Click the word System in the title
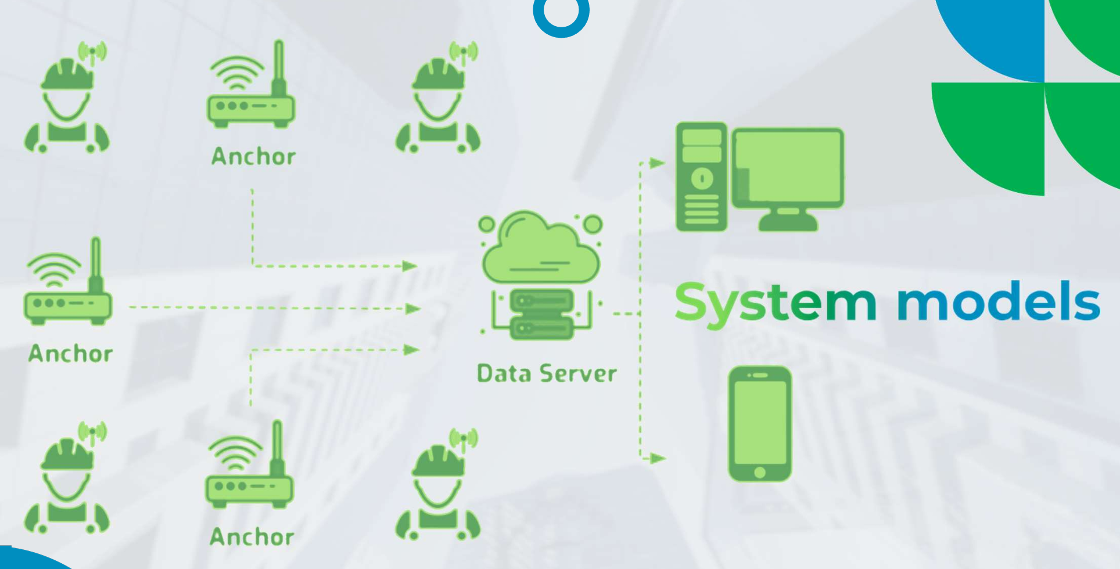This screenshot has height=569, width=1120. pyautogui.click(x=775, y=302)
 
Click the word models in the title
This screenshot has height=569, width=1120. pyautogui.click(x=998, y=301)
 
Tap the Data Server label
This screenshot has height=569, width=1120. pyautogui.click(x=546, y=373)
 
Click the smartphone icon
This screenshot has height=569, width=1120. pyautogui.click(x=759, y=423)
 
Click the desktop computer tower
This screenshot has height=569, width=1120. pyautogui.click(x=701, y=177)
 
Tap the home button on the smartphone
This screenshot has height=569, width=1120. pyautogui.click(x=759, y=472)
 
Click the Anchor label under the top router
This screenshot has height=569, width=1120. pyautogui.click(x=253, y=156)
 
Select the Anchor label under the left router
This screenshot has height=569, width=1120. pyautogui.click(x=70, y=353)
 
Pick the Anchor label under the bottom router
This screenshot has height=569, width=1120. pyautogui.click(x=252, y=536)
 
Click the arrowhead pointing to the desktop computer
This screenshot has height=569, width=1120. pyautogui.click(x=657, y=163)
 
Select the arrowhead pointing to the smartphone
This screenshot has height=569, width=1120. pyautogui.click(x=657, y=458)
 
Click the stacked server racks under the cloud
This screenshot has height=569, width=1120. pyautogui.click(x=541, y=314)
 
